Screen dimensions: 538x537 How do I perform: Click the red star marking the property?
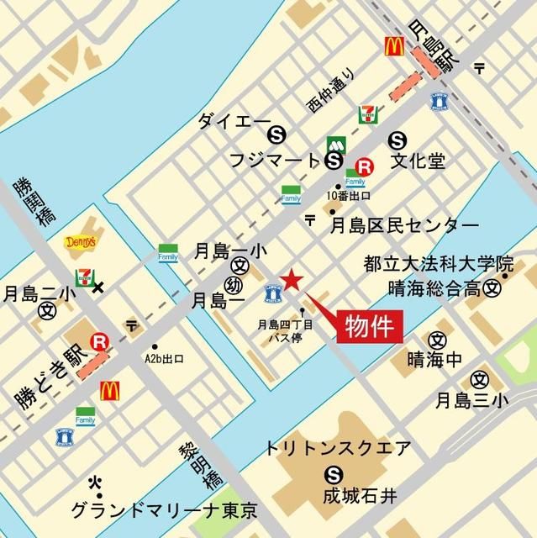pyautogui.click(x=291, y=281)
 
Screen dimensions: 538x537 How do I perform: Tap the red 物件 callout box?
pyautogui.click(x=370, y=326)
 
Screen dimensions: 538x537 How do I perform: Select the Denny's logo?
pyautogui.click(x=82, y=242)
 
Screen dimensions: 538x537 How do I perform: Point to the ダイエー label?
pyautogui.click(x=229, y=122)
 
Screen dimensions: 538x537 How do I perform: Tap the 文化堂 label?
pyautogui.click(x=418, y=160)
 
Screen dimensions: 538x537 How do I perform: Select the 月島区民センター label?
pyautogui.click(x=404, y=225)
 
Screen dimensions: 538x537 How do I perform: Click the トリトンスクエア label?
pyautogui.click(x=338, y=448)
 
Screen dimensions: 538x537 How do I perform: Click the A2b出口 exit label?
pyautogui.click(x=164, y=359)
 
